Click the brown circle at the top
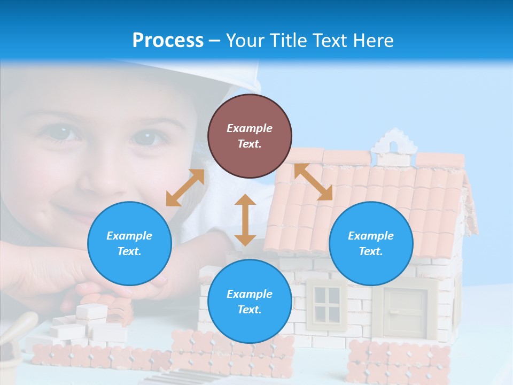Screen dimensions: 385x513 pyautogui.click(x=250, y=136)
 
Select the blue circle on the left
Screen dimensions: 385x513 pyautogui.click(x=129, y=243)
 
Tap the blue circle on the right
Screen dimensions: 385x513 pyautogui.click(x=371, y=243)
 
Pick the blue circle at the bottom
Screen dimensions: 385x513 pyautogui.click(x=250, y=302)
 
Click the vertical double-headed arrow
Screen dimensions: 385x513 pyautogui.click(x=245, y=220)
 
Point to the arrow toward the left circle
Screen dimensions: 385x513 pyautogui.click(x=185, y=188)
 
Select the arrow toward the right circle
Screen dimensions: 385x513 pyautogui.click(x=313, y=182)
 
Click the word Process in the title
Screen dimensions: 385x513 pyautogui.click(x=168, y=41)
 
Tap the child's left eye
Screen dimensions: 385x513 pyautogui.click(x=148, y=136)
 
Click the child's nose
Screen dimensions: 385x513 pyautogui.click(x=104, y=176)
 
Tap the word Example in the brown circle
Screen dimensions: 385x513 pyautogui.click(x=250, y=128)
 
